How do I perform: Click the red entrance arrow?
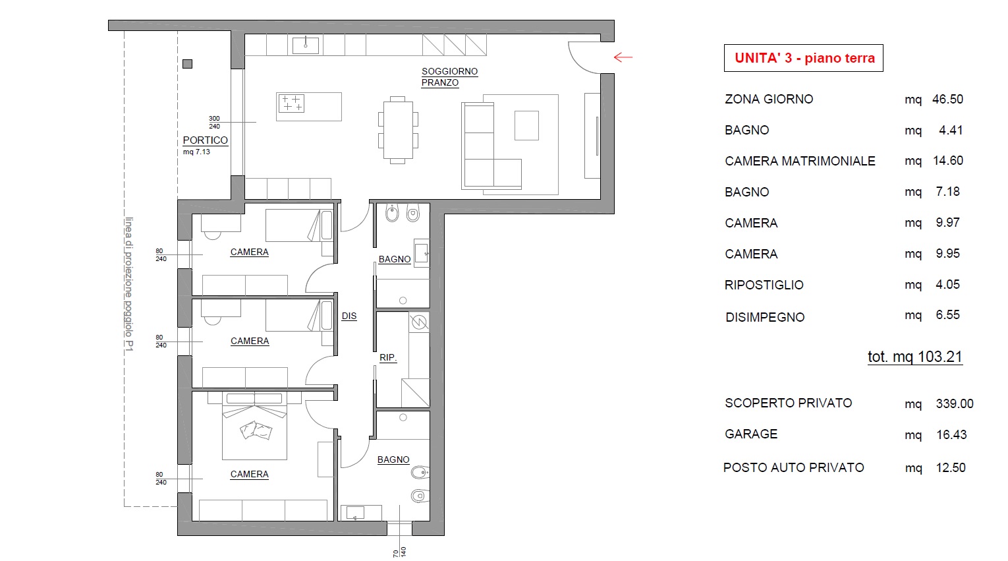pos(623,57)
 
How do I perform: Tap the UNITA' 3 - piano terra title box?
pos(803,58)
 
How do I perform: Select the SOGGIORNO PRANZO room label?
pos(449,77)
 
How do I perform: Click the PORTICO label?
pos(205,140)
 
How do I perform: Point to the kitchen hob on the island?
pos(291,103)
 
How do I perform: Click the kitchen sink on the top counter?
pos(306,45)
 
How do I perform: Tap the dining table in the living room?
pos(398,130)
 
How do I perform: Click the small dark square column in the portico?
pos(188,64)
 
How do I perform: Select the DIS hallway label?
pos(349,316)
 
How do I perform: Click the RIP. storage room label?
pos(388,357)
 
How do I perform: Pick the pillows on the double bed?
pos(256,430)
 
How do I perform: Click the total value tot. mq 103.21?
pos(915,357)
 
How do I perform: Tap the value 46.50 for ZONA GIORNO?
pos(947,99)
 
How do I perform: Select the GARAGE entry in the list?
pos(751,434)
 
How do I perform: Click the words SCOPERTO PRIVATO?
pos(789,403)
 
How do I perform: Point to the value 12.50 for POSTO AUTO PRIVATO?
pos(951,468)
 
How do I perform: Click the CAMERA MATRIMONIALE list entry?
pos(800,161)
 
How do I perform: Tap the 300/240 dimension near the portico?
pos(214,123)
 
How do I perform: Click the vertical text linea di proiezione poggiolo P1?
pos(129,284)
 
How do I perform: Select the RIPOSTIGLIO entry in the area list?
pos(764,285)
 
